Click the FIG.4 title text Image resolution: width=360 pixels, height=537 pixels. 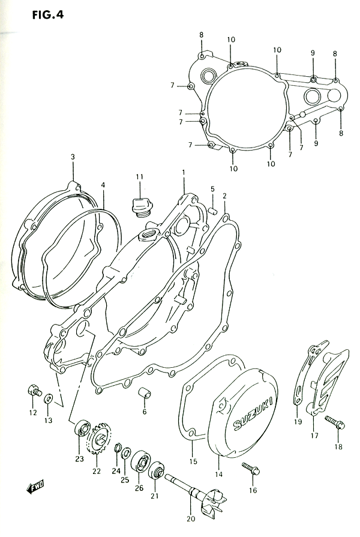click(47, 15)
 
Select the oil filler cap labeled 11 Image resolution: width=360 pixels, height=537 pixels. click(140, 207)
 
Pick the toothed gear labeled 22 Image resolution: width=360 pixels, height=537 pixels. click(98, 439)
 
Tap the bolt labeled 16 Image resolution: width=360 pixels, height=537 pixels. click(250, 469)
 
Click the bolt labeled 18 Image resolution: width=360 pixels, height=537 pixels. click(334, 422)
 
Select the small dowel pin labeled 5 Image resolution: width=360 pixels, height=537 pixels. click(212, 210)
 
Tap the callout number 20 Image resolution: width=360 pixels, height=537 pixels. click(191, 518)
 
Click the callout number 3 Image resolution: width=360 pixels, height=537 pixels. click(73, 157)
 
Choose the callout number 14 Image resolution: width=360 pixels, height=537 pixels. click(219, 475)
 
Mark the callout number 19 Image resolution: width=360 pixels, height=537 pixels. click(298, 422)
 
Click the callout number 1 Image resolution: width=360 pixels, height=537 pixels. click(183, 172)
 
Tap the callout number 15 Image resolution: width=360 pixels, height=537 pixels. click(193, 461)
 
